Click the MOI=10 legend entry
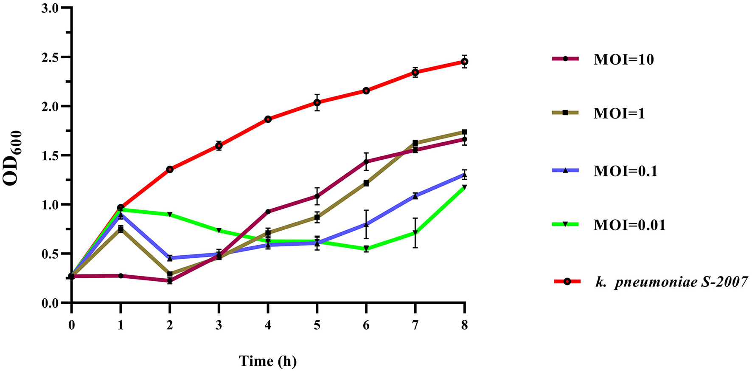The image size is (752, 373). pyautogui.click(x=623, y=59)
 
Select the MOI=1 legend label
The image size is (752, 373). pyautogui.click(x=619, y=113)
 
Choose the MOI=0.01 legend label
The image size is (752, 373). pyautogui.click(x=629, y=225)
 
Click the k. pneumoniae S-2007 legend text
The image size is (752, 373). pyautogui.click(x=671, y=282)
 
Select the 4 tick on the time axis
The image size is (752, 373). pyautogui.click(x=268, y=326)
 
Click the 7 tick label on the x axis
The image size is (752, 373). pyautogui.click(x=415, y=326)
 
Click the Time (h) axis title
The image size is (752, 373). pyautogui.click(x=268, y=361)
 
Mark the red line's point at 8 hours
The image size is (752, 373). pyautogui.click(x=465, y=62)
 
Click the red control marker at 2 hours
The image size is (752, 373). pyautogui.click(x=170, y=170)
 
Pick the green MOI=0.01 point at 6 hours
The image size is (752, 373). pyautogui.click(x=366, y=249)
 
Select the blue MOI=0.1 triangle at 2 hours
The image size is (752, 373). pyautogui.click(x=170, y=258)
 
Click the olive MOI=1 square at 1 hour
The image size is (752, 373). pyautogui.click(x=121, y=229)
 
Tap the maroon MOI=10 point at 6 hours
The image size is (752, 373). pyautogui.click(x=366, y=161)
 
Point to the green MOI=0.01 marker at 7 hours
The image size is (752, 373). pyautogui.click(x=415, y=233)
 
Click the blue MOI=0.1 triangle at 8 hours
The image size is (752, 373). pyautogui.click(x=465, y=175)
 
